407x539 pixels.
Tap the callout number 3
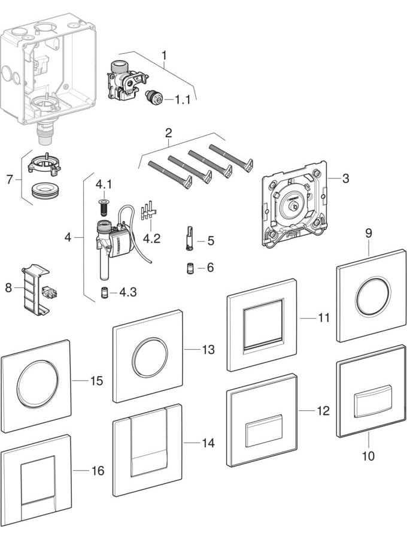[345, 178]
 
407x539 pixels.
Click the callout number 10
[368, 456]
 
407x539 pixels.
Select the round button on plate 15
[38, 387]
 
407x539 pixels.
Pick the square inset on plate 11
[262, 328]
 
